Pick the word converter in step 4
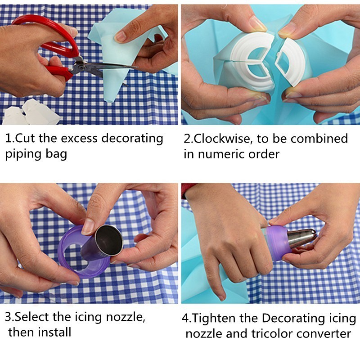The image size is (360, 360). tap(324, 334)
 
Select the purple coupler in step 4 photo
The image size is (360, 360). tap(277, 243)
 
